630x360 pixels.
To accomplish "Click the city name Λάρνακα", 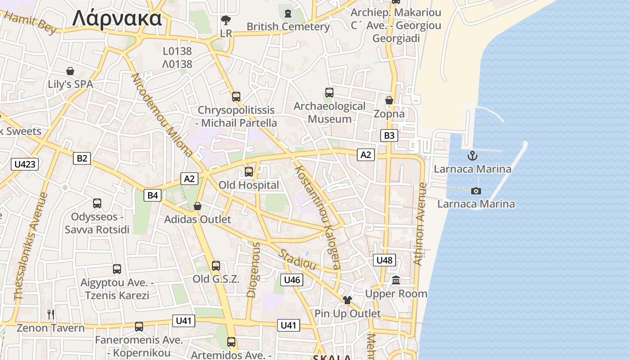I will (117, 19).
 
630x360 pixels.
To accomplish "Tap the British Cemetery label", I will (288, 27).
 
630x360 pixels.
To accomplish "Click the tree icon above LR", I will (225, 20).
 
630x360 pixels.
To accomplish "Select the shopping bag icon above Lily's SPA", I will (70, 71).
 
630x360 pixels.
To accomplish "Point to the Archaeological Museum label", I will (329, 112).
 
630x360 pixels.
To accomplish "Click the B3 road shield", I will (389, 135).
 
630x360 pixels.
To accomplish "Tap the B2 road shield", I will (82, 158).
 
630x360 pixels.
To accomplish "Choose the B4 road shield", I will (153, 195).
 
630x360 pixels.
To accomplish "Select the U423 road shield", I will (25, 164).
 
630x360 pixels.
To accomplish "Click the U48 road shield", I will (384, 260).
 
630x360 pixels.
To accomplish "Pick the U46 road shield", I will (292, 280).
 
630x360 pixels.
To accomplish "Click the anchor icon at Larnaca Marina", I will (472, 156).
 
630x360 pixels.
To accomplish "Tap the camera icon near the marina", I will (476, 191).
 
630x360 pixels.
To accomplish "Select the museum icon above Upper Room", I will (396, 280).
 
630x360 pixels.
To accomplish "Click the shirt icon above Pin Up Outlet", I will (347, 300).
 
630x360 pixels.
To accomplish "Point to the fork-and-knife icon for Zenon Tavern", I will (51, 314).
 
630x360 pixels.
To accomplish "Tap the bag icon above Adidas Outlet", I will (197, 206).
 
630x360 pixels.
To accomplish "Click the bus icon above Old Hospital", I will (249, 171).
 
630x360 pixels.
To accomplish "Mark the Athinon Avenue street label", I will (419, 224).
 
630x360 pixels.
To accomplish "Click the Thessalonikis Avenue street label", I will (31, 247).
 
